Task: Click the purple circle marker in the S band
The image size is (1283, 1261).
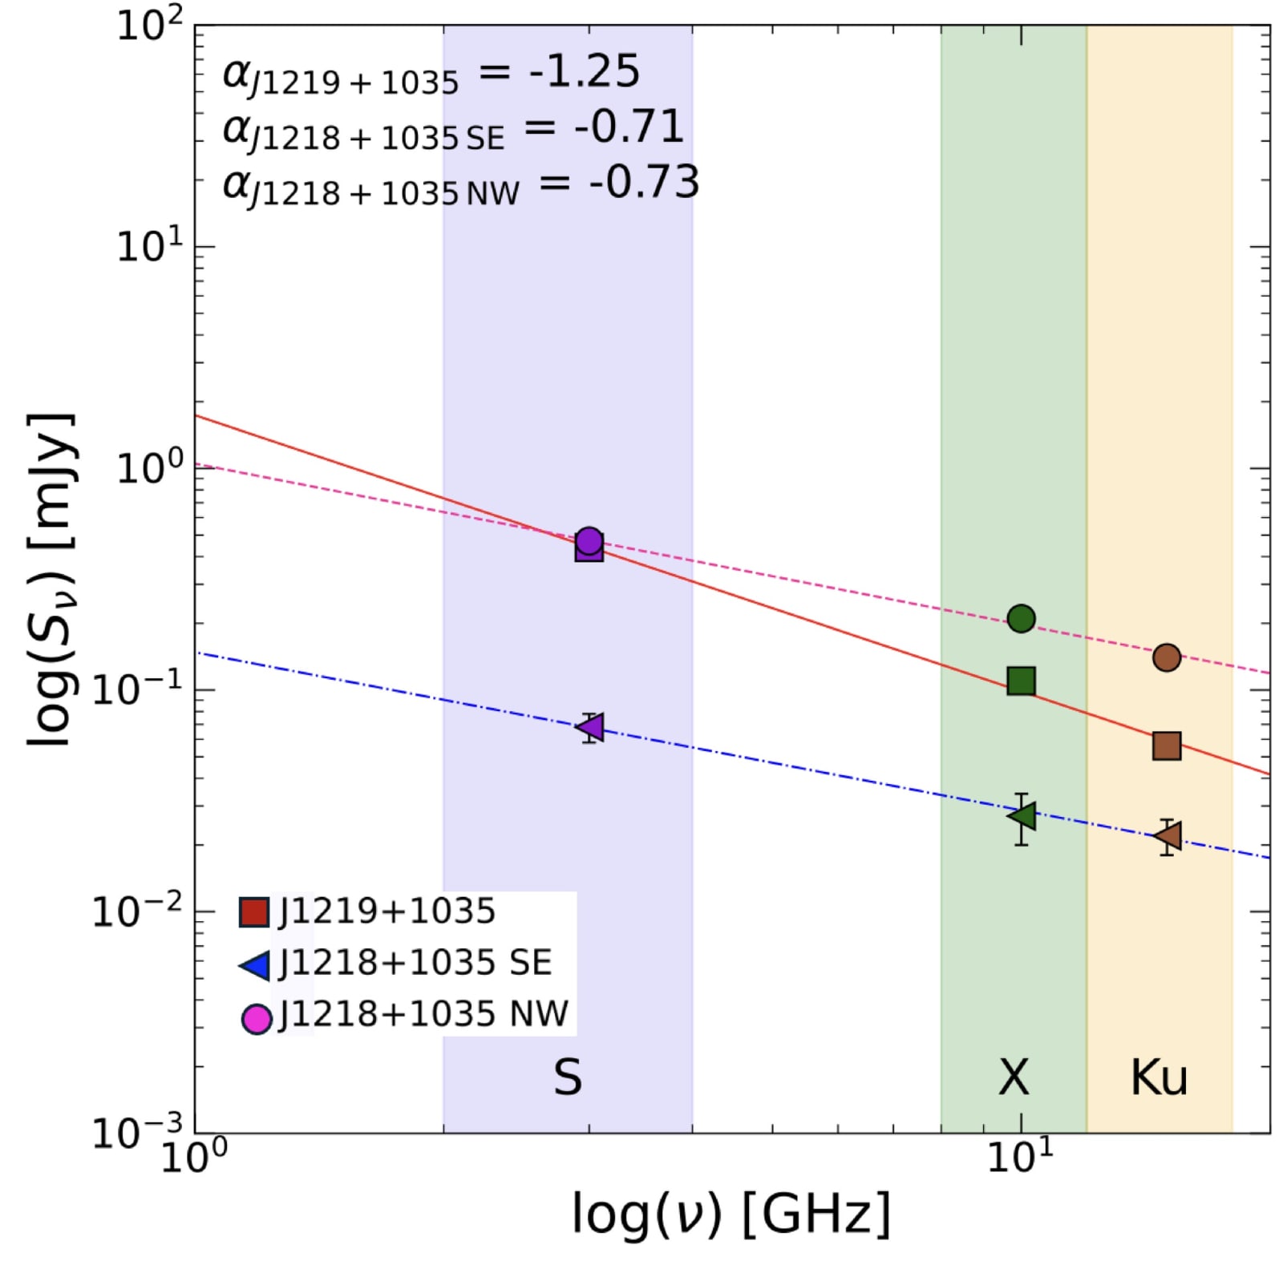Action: coord(589,540)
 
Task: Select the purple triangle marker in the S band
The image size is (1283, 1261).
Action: coord(591,727)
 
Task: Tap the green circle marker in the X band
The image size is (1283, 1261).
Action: coord(1021,618)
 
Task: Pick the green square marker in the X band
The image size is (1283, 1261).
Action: coord(1021,681)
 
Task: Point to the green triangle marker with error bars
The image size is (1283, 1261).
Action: coord(1022,816)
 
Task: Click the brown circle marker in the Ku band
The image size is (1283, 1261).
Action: coord(1166,657)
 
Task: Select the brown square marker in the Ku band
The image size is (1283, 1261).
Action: coord(1166,746)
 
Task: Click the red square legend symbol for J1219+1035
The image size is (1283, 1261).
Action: coord(254,911)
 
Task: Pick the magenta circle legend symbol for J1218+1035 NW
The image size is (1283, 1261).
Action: coord(257,1018)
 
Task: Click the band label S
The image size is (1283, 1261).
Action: coord(568,1077)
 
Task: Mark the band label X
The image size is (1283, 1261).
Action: coord(1014,1077)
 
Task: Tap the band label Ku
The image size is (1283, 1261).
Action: coord(1158,1077)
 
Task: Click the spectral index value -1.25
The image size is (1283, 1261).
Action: coord(584,71)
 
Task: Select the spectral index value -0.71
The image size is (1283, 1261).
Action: coord(629,127)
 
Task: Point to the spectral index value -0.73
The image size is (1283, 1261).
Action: coord(644,182)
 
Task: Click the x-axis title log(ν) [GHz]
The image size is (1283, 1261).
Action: coord(731,1214)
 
